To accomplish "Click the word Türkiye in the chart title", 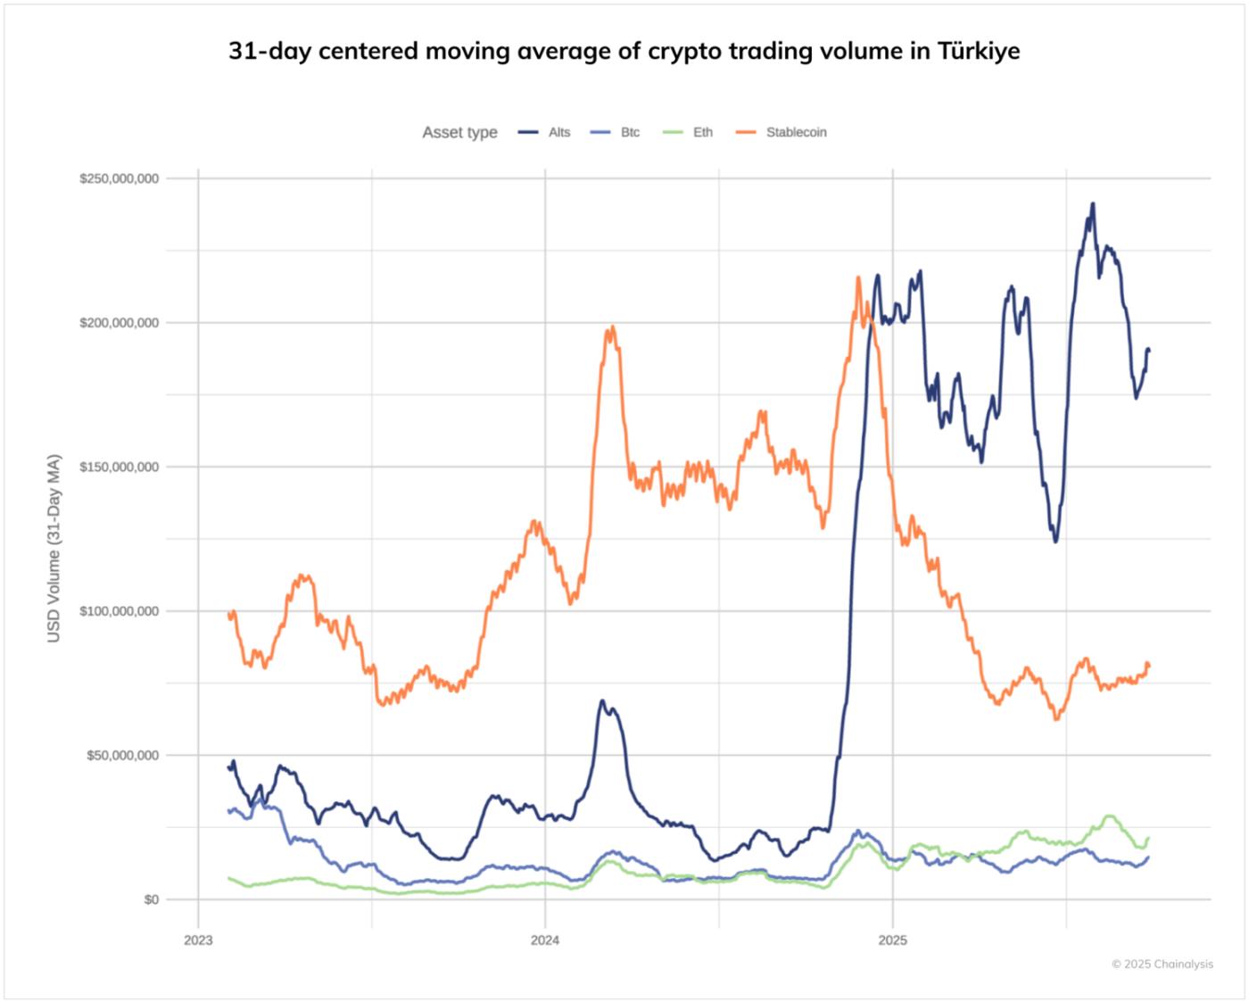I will point(978,51).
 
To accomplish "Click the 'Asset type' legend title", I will point(459,132).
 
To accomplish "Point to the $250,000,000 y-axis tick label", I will point(120,178).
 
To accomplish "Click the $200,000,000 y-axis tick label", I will point(120,323).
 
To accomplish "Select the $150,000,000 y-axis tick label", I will point(120,467).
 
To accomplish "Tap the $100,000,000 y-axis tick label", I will point(120,611).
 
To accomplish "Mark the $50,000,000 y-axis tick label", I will point(123,756).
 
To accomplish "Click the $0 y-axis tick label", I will point(151,899).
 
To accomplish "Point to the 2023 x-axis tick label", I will point(198,940).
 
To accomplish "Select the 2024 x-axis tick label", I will point(545,940).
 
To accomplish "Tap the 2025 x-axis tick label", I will point(892,940).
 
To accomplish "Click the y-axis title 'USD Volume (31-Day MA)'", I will point(54,548).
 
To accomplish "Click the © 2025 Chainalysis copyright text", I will point(1162,964).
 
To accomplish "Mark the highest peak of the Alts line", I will point(1092,204).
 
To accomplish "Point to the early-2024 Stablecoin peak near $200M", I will point(611,327).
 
